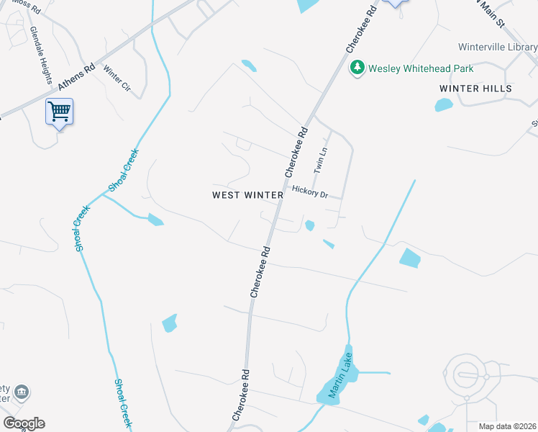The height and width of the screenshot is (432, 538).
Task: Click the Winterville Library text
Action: point(498,47)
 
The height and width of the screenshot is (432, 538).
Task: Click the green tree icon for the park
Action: point(357,68)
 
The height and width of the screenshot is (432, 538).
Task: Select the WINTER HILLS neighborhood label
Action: point(475,89)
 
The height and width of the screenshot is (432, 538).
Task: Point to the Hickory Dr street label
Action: point(310,192)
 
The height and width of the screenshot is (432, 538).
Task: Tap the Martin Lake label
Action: point(339,380)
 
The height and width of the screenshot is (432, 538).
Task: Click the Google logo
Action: point(24,423)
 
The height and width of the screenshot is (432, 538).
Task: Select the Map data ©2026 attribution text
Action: point(508,426)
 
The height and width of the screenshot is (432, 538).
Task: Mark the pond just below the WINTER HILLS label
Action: point(444,105)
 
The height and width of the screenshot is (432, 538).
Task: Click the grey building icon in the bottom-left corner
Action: point(22,392)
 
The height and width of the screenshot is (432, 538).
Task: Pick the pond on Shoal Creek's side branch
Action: point(155,220)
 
